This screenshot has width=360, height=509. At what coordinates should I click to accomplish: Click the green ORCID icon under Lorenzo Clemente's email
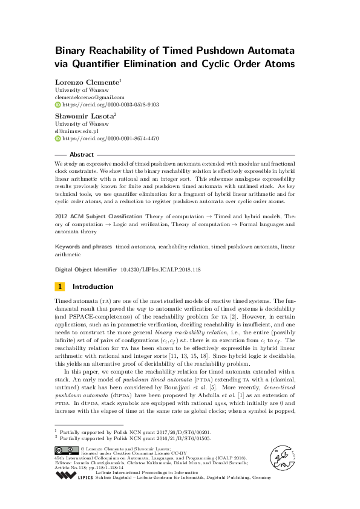pyautogui.click(x=58, y=105)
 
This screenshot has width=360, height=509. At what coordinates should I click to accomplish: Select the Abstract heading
pyautogui.click(x=82, y=154)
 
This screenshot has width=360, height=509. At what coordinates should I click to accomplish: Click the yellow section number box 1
pyautogui.click(x=60, y=287)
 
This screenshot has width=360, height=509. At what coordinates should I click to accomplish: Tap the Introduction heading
pyautogui.click(x=93, y=287)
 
